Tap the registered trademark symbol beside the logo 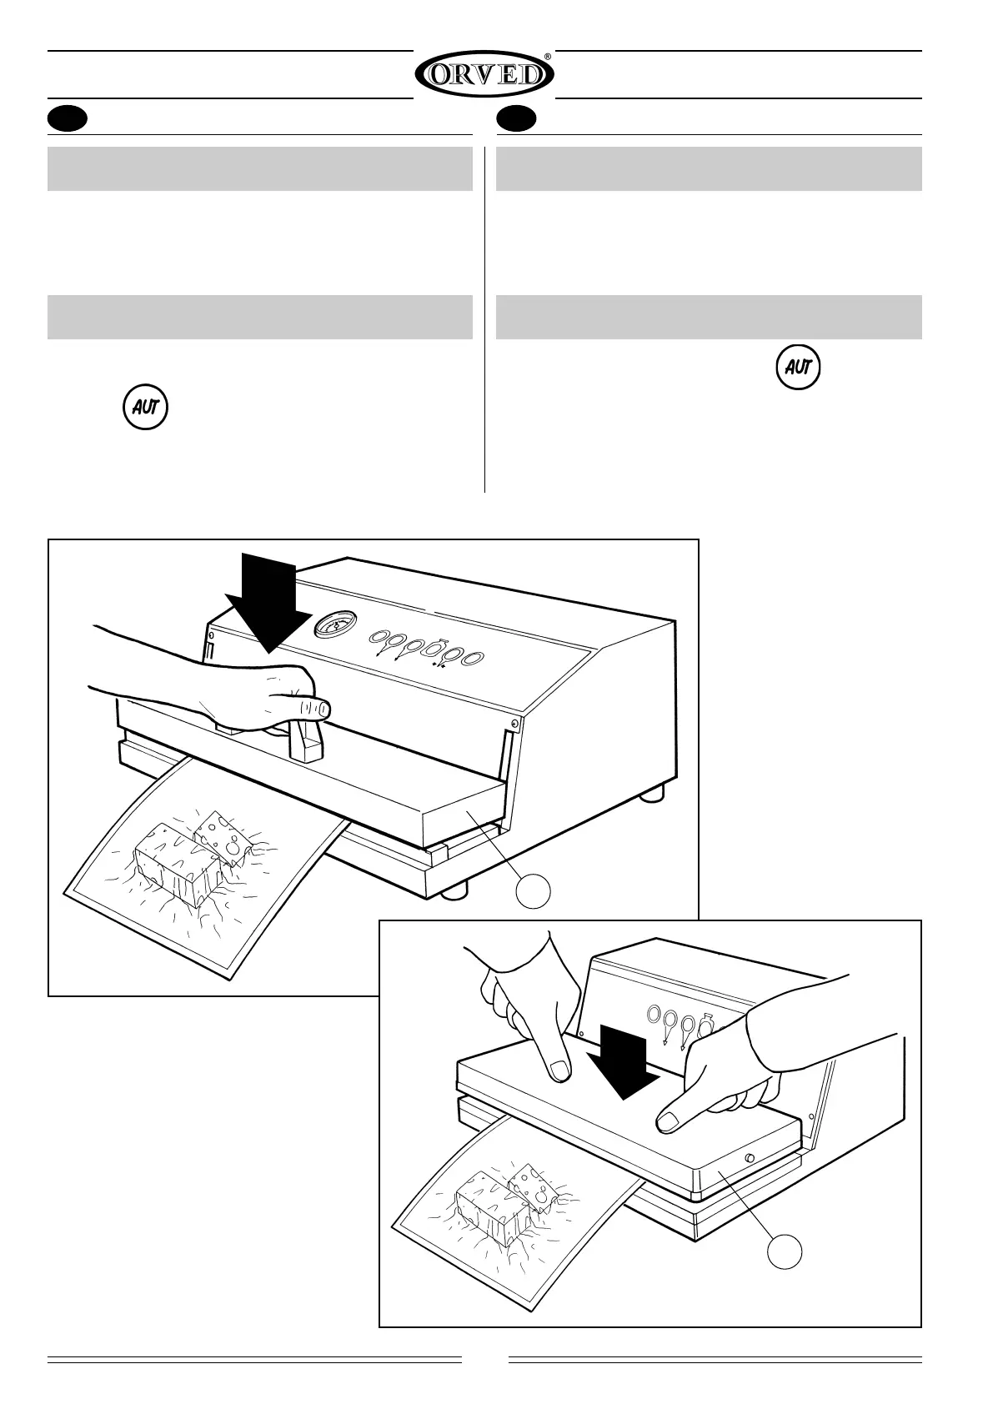[547, 58]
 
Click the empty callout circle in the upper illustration [534, 891]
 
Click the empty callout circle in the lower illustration [785, 1251]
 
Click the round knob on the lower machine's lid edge [750, 1158]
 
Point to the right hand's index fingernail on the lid [668, 1124]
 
